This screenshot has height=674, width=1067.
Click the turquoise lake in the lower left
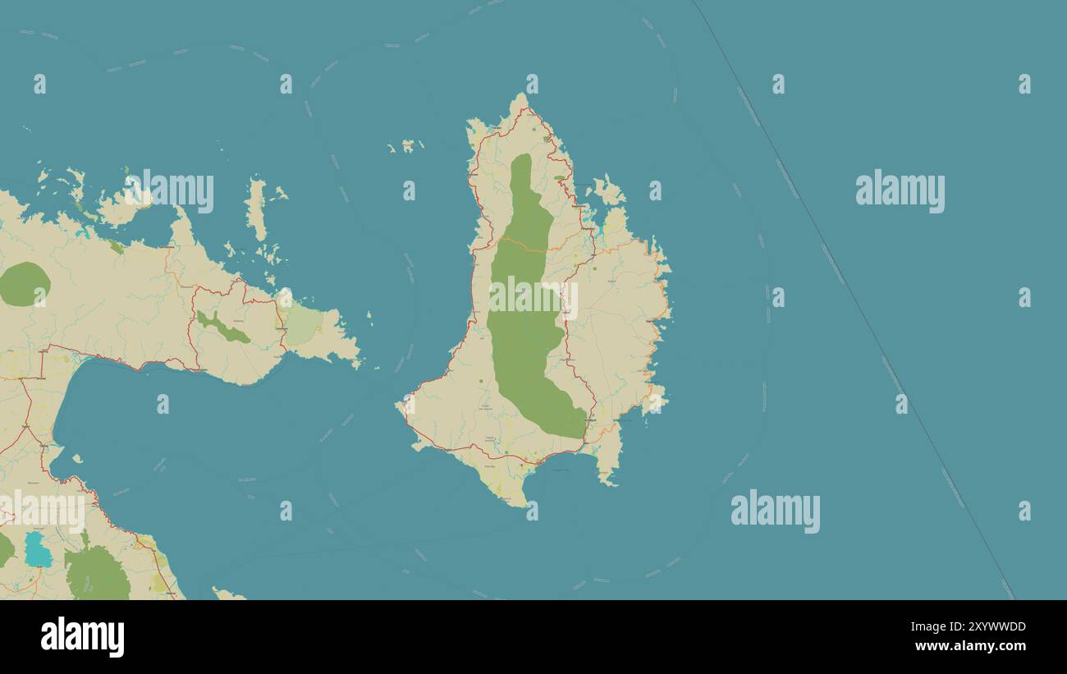click(38, 550)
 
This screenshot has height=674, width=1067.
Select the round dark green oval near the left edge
click(24, 284)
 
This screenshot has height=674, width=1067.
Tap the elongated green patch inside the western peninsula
click(222, 328)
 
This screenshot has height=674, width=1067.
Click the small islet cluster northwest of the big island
click(406, 146)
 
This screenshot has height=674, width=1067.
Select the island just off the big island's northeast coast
click(608, 191)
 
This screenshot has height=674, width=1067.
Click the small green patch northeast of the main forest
click(559, 177)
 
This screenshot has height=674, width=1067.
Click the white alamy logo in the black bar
click(82, 637)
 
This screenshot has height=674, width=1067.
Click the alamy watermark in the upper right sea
click(900, 191)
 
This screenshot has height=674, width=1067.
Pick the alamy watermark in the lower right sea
click(775, 511)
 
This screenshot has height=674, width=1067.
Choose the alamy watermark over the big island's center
click(533, 298)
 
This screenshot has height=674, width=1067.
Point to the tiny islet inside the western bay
click(77, 459)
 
